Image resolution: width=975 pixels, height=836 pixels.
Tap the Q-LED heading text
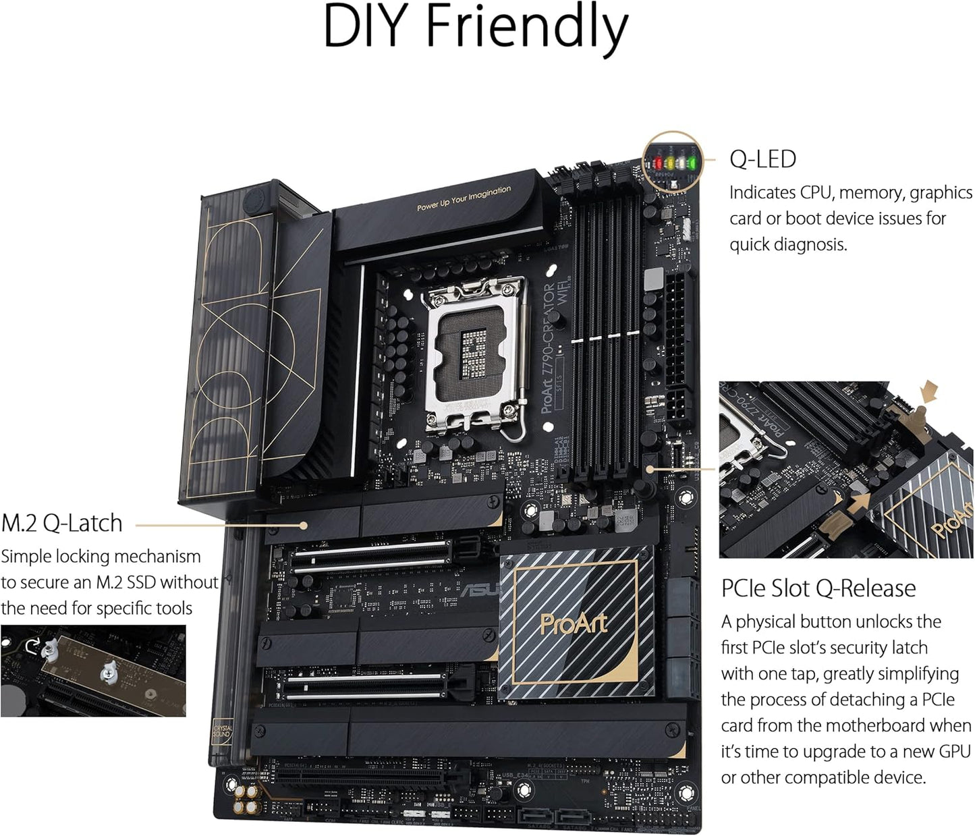pyautogui.click(x=762, y=159)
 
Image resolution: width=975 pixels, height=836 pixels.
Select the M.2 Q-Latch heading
pyautogui.click(x=62, y=524)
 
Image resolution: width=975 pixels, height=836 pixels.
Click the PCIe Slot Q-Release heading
pyautogui.click(x=818, y=588)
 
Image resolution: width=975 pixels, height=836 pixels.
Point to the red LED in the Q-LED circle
pyautogui.click(x=657, y=163)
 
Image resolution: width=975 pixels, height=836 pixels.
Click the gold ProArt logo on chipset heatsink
pyautogui.click(x=574, y=623)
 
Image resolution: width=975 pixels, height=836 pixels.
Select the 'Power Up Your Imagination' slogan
pyautogui.click(x=464, y=198)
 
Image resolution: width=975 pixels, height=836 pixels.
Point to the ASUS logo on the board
pyautogui.click(x=480, y=589)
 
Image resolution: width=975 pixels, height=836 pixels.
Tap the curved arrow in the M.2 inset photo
pyautogui.click(x=32, y=646)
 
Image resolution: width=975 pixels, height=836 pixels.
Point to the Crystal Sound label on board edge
pyautogui.click(x=222, y=732)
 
